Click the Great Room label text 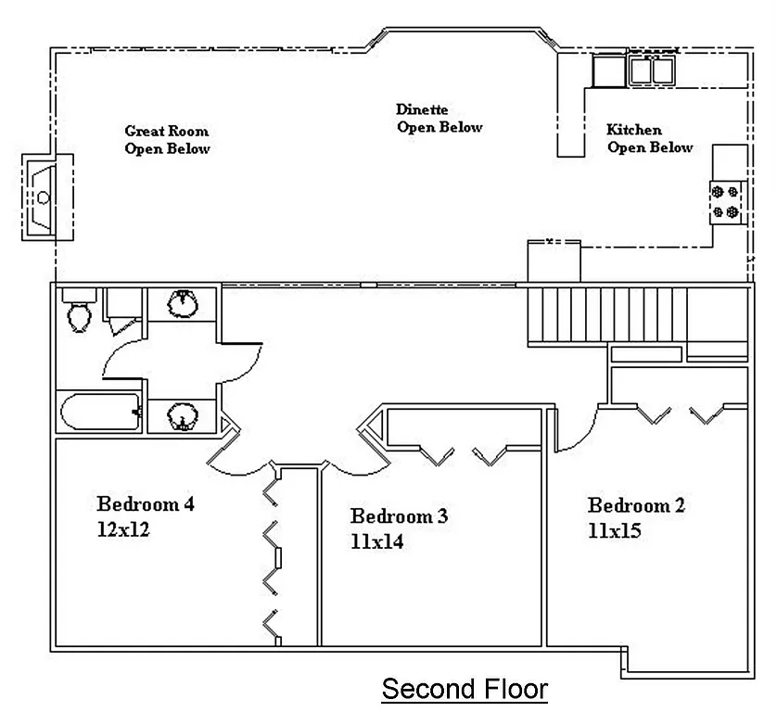pyautogui.click(x=167, y=132)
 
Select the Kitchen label pyautogui.click(x=634, y=131)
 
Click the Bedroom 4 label pyautogui.click(x=146, y=505)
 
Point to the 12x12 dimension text pyautogui.click(x=123, y=530)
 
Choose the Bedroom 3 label pyautogui.click(x=399, y=516)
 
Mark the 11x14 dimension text pyautogui.click(x=376, y=541)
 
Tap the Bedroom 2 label pyautogui.click(x=636, y=506)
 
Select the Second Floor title pyautogui.click(x=465, y=690)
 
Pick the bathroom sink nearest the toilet pyautogui.click(x=184, y=303)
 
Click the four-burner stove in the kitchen pyautogui.click(x=726, y=202)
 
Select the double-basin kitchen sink pyautogui.click(x=652, y=70)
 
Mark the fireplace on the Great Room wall pyautogui.click(x=41, y=196)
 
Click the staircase pyautogui.click(x=606, y=315)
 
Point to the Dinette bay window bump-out pyautogui.click(x=464, y=35)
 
